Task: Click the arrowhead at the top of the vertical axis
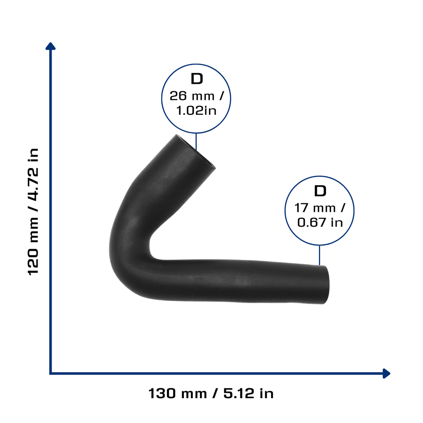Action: [x=50, y=46]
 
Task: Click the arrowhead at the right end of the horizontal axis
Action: [x=387, y=373]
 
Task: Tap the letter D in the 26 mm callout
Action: [x=197, y=79]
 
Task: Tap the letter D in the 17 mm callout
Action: [x=320, y=191]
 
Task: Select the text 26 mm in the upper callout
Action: [x=192, y=96]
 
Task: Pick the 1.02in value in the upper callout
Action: [x=196, y=111]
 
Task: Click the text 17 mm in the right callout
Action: [x=315, y=208]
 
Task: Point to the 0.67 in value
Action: [x=320, y=223]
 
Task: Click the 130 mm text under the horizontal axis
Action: [x=178, y=393]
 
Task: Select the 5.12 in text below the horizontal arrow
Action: [x=248, y=393]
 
